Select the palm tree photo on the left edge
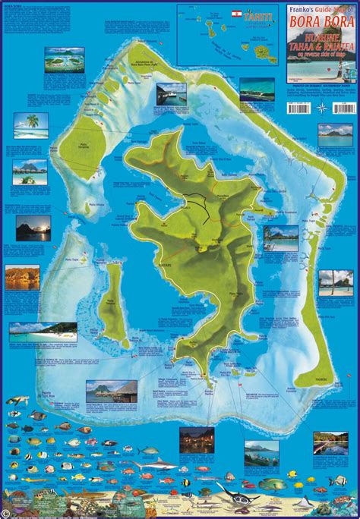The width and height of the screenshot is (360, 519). click(x=31, y=124)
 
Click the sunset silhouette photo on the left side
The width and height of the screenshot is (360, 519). click(x=33, y=227)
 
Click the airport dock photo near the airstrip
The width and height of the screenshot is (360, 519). click(x=171, y=93)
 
